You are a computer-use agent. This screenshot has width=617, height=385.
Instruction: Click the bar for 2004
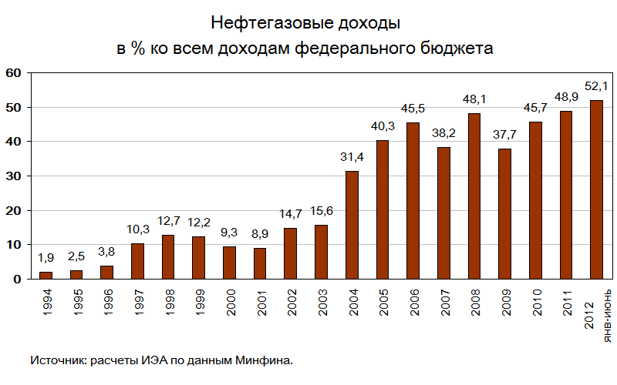(352, 225)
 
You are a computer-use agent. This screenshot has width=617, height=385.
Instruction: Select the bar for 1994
(46, 275)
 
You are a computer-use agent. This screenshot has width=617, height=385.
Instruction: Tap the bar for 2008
(474, 196)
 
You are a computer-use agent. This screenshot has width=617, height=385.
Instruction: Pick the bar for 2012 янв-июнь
(596, 189)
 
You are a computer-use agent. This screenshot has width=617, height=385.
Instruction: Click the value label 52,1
(597, 86)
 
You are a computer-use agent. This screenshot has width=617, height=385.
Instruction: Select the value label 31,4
(352, 157)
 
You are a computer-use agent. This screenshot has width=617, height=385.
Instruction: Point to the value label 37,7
(505, 136)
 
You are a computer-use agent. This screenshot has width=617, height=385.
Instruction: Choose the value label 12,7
(168, 222)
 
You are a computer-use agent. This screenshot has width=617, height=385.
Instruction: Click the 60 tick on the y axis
(13, 73)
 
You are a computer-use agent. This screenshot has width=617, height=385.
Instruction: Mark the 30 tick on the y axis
(13, 176)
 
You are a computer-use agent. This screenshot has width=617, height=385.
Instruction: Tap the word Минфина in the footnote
(266, 360)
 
